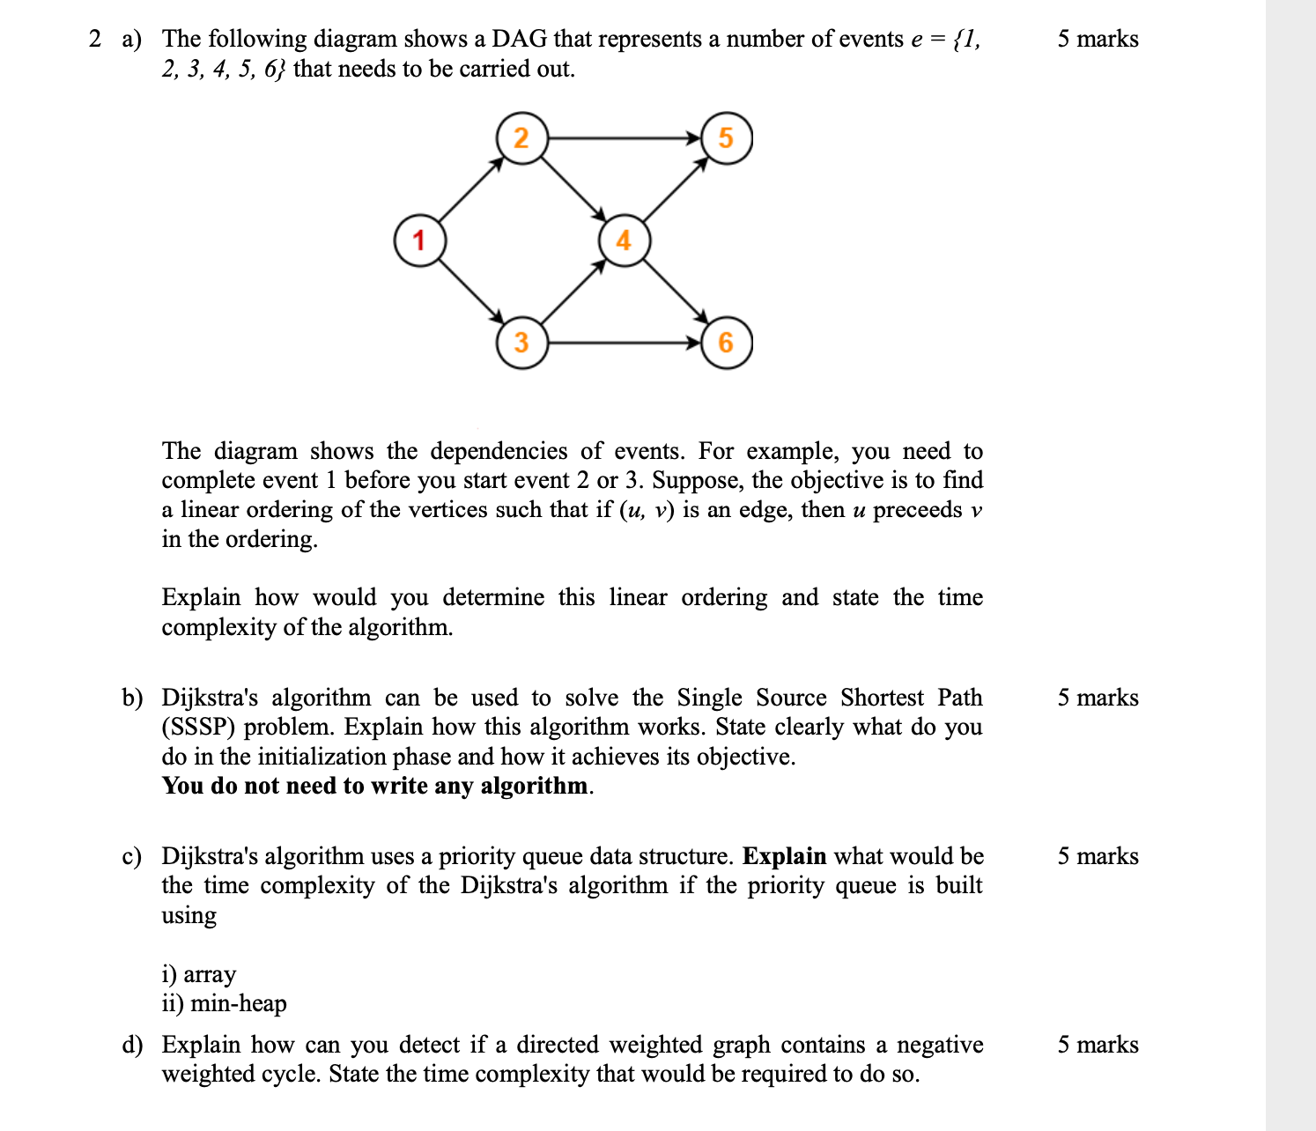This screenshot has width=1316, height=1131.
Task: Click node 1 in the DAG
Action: click(418, 240)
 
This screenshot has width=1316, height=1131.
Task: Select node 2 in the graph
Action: click(521, 138)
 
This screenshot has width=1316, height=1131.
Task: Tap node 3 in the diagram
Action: click(521, 342)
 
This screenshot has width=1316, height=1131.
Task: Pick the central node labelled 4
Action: click(624, 240)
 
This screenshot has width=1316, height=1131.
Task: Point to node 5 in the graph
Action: click(726, 138)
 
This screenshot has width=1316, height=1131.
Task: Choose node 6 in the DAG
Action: click(726, 342)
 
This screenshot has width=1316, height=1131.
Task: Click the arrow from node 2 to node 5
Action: click(624, 138)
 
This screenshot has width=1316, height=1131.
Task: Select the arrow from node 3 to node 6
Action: click(624, 342)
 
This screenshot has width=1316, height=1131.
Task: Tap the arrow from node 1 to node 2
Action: click(469, 189)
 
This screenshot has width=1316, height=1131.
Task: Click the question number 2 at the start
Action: click(95, 39)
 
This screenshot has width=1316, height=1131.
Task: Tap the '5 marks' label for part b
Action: click(1098, 698)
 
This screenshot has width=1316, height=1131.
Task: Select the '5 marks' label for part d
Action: click(1098, 1045)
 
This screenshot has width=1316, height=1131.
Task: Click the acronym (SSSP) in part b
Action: click(199, 728)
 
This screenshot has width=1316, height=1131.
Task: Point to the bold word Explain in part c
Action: click(784, 856)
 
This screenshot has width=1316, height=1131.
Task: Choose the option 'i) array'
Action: click(199, 974)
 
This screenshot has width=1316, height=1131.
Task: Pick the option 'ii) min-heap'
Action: click(224, 1003)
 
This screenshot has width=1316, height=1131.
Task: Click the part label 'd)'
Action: click(132, 1045)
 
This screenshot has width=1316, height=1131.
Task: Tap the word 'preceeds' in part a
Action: click(917, 510)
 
